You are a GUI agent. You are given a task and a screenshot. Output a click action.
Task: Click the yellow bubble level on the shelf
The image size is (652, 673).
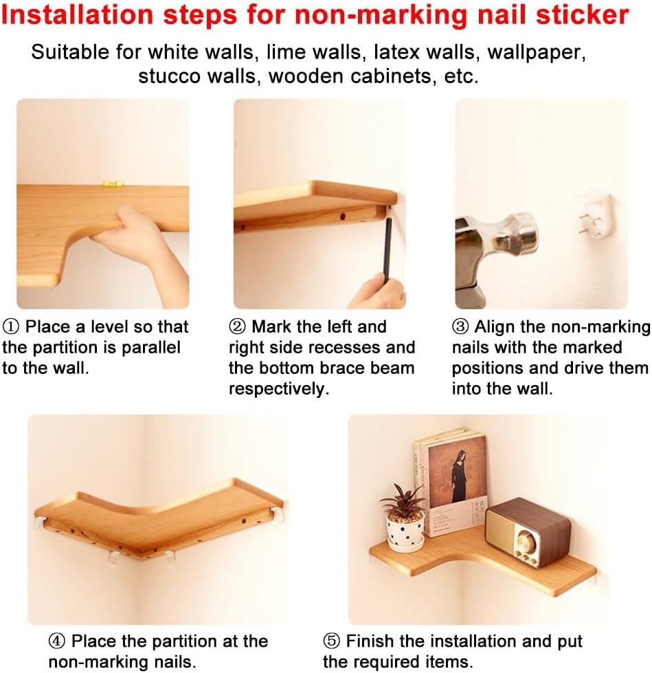(x=113, y=184)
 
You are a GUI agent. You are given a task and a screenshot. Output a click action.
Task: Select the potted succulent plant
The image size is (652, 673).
(x=403, y=516)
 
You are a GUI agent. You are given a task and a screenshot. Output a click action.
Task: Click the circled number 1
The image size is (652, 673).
(x=11, y=327)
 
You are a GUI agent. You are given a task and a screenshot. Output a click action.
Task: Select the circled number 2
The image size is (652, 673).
(x=237, y=327)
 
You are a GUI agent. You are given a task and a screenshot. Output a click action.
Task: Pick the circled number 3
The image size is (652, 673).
(x=460, y=327)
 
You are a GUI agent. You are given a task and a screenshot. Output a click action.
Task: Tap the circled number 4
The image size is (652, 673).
(x=57, y=641)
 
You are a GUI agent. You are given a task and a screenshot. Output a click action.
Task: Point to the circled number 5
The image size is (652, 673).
(x=332, y=641)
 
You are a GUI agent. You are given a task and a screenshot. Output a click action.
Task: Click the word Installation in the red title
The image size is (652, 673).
(x=77, y=15)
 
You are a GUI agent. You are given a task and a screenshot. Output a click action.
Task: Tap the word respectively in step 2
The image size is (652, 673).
(x=279, y=389)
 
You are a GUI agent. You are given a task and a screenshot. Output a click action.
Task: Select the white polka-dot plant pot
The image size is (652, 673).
(x=405, y=532)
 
